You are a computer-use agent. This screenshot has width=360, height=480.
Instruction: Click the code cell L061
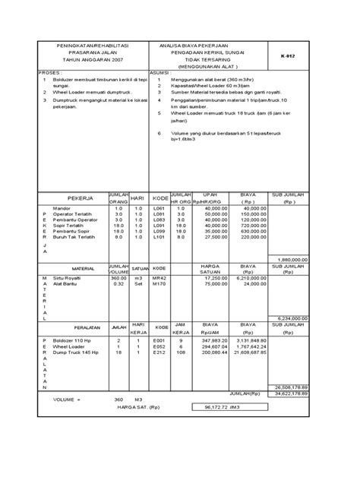159,207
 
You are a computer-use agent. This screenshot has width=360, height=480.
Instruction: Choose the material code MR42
159,279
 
